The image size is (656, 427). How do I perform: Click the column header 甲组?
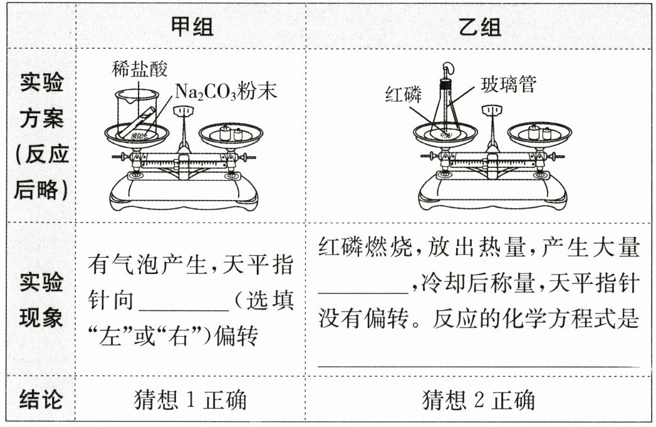pos(192,26)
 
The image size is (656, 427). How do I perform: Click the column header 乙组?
pos(480,26)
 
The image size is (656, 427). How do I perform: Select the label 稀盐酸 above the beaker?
pos(140,68)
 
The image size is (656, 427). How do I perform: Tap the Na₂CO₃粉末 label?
pos(226,92)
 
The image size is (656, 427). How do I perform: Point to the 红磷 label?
pos(403,95)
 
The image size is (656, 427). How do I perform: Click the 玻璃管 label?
pos(509,85)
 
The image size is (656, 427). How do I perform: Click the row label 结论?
pos(41,399)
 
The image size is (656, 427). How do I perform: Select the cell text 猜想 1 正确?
pos(190,399)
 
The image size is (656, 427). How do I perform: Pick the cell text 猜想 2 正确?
pos(479,399)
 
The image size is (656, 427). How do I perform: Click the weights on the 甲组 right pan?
pos(231,133)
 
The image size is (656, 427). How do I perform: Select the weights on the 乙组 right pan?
pos(540,132)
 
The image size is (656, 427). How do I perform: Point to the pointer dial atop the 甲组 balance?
pos(183,111)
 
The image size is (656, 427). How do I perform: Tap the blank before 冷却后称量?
pos(363,292)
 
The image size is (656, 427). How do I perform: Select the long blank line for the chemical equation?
pos(479,366)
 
